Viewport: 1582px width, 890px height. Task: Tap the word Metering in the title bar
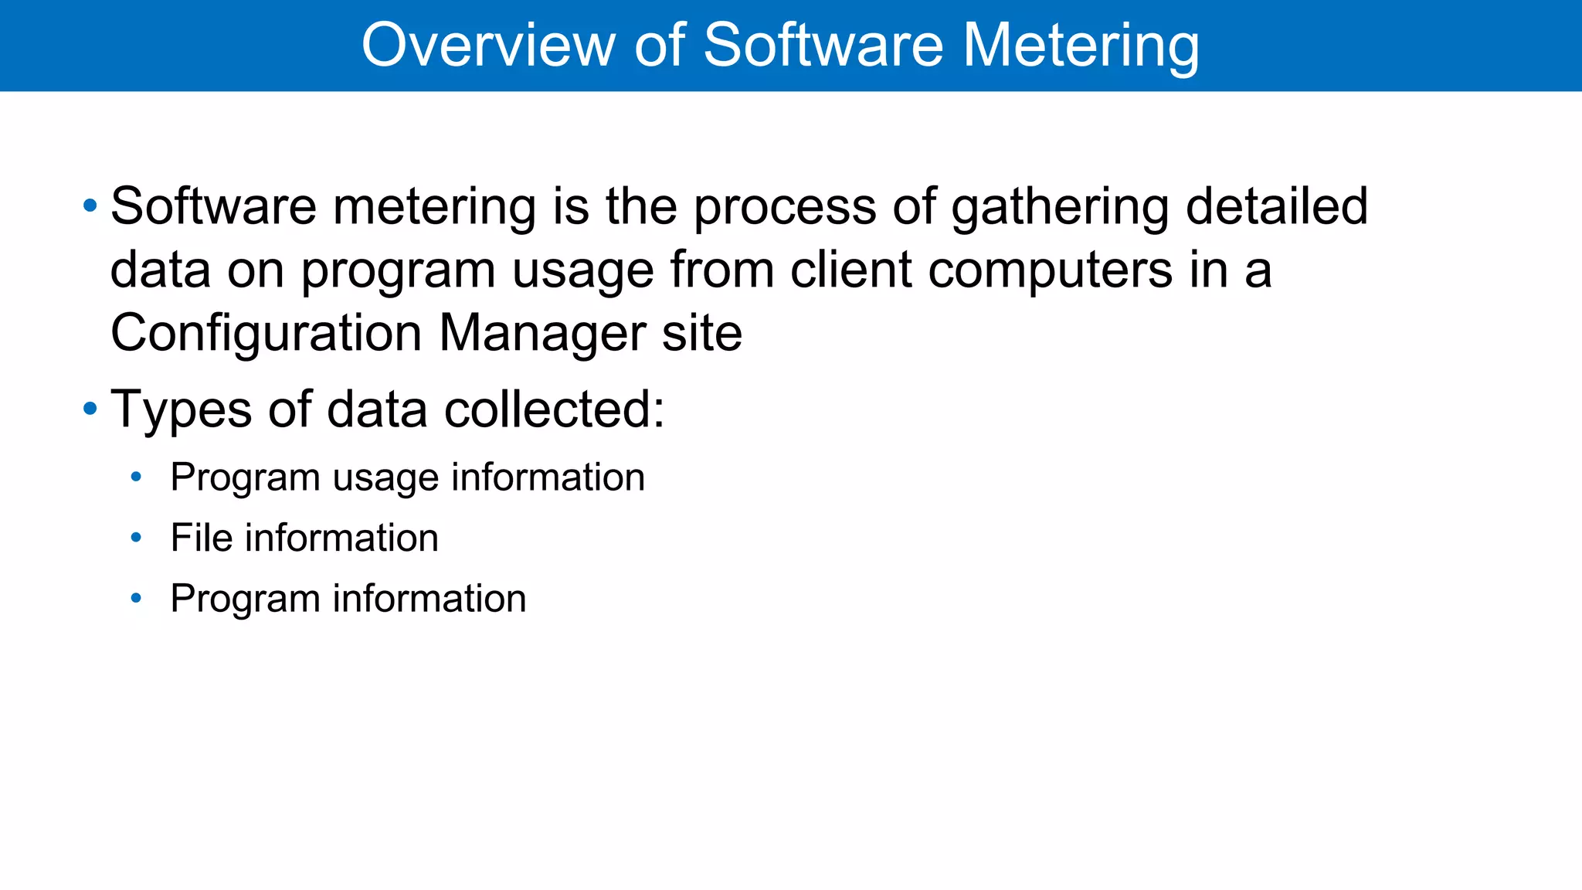pyautogui.click(x=1081, y=46)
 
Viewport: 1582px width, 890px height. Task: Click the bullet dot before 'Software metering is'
pyautogui.click(x=90, y=206)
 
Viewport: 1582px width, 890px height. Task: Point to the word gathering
pyautogui.click(x=1060, y=208)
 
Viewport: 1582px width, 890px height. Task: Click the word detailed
pyautogui.click(x=1276, y=206)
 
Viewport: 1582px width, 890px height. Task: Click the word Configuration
pyautogui.click(x=266, y=334)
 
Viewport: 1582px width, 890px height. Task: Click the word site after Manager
pyautogui.click(x=702, y=333)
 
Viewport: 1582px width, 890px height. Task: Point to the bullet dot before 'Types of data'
pyautogui.click(x=90, y=409)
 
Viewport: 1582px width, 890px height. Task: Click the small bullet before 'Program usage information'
pyautogui.click(x=137, y=477)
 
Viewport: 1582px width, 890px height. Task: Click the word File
pyautogui.click(x=201, y=537)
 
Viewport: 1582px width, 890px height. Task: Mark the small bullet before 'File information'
pyautogui.click(x=137, y=537)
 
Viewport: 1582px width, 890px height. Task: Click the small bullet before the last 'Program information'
pyautogui.click(x=137, y=598)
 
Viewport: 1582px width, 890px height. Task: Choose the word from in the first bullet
pyautogui.click(x=721, y=270)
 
